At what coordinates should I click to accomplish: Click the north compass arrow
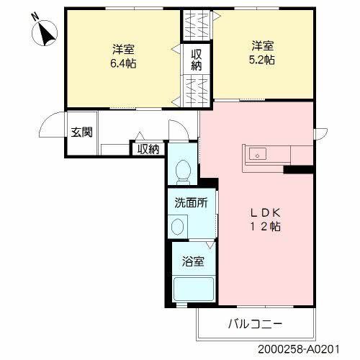pyautogui.click(x=48, y=33)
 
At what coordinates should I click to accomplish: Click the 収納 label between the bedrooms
pyautogui.click(x=196, y=60)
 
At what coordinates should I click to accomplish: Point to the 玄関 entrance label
pyautogui.click(x=80, y=132)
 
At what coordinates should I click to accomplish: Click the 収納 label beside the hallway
pyautogui.click(x=148, y=149)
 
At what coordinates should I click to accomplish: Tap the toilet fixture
pyautogui.click(x=183, y=171)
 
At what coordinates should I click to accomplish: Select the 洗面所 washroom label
pyautogui.click(x=191, y=203)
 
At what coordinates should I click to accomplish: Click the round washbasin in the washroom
pyautogui.click(x=177, y=226)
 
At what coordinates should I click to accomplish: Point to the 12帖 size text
pyautogui.click(x=264, y=227)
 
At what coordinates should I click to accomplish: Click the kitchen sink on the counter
pyautogui.click(x=256, y=153)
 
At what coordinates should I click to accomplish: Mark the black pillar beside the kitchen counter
pyautogui.click(x=299, y=170)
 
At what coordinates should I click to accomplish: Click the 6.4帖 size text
pyautogui.click(x=124, y=63)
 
